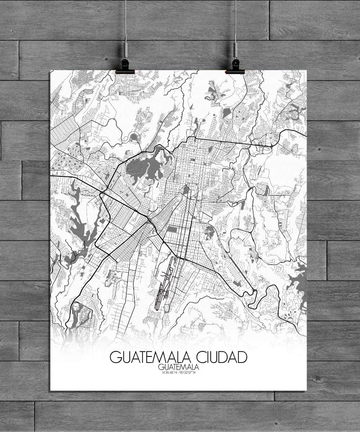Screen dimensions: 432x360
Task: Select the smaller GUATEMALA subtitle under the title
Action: pos(178,367)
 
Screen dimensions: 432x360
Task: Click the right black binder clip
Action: pos(235,67)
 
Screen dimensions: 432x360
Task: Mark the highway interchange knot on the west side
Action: pos(103,194)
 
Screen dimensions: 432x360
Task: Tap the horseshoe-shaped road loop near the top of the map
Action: pos(134,137)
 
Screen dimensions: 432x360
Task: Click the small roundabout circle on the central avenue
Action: pos(183,245)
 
